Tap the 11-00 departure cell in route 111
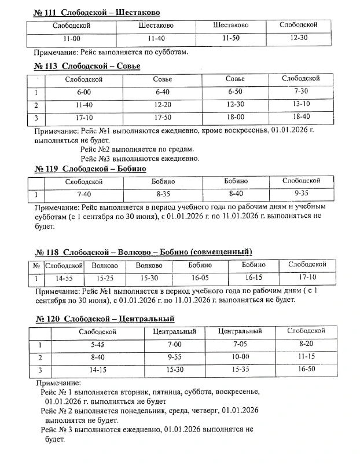(72, 39)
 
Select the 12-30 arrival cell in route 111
(299, 38)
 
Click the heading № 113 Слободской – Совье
(87, 66)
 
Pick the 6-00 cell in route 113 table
(83, 92)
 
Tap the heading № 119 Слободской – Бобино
(90, 169)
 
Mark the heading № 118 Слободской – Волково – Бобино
(144, 252)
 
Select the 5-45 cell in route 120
(97, 345)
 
